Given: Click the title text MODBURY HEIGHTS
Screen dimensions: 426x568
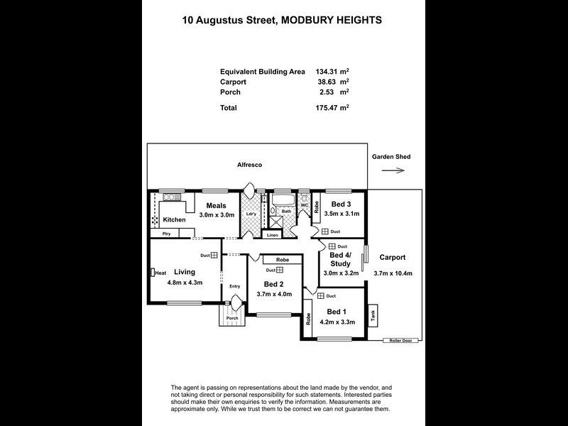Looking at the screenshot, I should point(332,21).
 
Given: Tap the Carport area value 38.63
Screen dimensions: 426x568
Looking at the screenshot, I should point(326,82).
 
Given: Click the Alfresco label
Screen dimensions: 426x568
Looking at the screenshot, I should point(249,165).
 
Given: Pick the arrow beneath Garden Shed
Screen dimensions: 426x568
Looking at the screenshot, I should point(392,170).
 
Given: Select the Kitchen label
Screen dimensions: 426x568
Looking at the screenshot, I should point(173,220).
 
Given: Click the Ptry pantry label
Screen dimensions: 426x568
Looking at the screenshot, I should point(166,234).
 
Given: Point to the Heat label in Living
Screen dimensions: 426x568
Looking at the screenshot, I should point(160,273).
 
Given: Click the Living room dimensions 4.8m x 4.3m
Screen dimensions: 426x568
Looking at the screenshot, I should point(185,283).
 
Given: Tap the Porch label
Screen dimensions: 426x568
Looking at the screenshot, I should point(232,318).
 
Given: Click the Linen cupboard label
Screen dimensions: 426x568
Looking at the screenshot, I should point(271,234).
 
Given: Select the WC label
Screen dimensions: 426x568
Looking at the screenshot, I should point(305,206).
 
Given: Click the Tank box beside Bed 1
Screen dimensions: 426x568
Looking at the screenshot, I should point(373,312).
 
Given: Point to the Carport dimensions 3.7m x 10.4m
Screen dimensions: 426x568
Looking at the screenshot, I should point(393,273).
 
